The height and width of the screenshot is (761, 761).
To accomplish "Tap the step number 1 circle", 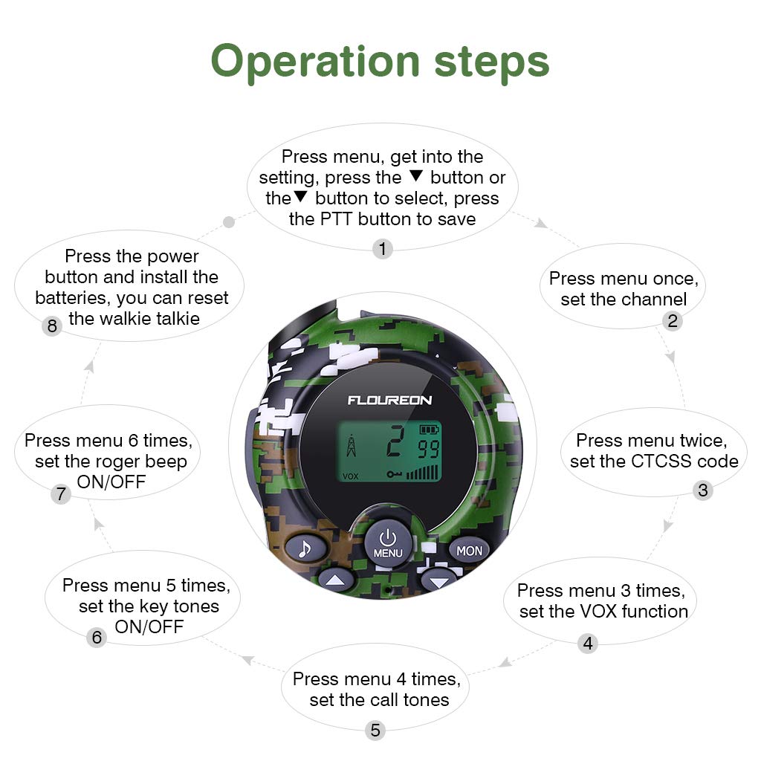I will coord(382,249).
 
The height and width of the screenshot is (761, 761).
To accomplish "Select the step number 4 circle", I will coord(588,644).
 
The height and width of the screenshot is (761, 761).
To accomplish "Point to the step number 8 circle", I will coord(51,326).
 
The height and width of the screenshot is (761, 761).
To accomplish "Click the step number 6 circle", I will coord(96,638).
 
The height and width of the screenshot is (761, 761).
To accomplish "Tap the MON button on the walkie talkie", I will coord(469,551).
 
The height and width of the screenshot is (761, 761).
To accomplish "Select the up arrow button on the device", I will coord(335,580).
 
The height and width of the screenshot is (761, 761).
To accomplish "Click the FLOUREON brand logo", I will coord(389,401).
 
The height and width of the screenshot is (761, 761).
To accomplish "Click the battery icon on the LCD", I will coord(430,430).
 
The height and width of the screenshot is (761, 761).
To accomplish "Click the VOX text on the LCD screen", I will coord(350,476).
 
